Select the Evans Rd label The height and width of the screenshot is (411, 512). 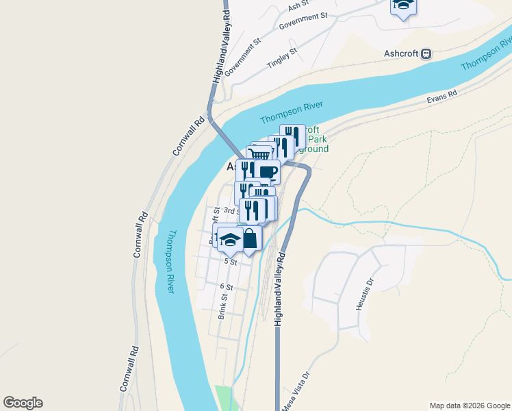point(441,99)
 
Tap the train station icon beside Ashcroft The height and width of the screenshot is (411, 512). point(426,53)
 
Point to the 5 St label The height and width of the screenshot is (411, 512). point(230,262)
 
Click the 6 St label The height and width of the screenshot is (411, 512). point(227,286)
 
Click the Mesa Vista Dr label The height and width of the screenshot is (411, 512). point(296,390)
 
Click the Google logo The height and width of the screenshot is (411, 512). point(23,403)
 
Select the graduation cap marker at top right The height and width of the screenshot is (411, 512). point(403,5)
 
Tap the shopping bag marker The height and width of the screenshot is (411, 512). point(251,238)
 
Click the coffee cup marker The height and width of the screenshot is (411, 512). point(268,172)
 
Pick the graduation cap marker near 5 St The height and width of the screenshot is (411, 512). point(230,238)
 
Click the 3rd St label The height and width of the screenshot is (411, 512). point(231,211)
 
